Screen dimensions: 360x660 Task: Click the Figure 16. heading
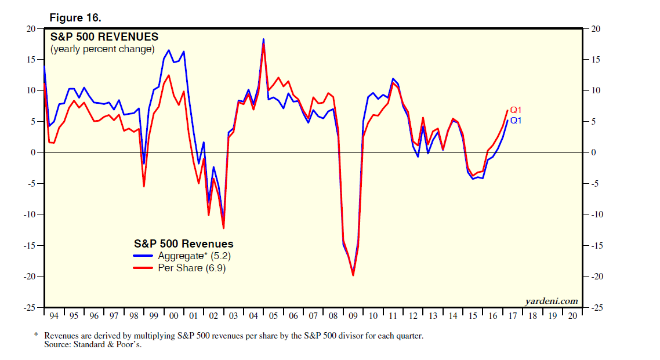75,17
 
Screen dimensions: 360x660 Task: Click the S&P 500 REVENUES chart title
104,37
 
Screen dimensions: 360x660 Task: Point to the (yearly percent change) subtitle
103,49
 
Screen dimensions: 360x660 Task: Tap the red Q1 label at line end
516,110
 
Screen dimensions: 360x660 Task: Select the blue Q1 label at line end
516,120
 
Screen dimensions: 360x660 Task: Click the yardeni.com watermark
551,300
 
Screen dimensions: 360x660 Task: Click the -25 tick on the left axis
29,307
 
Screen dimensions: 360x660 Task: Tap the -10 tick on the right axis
597,214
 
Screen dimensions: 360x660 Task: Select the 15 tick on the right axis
596,60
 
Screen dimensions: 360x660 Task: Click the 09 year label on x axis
353,316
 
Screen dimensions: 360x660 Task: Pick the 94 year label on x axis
54,316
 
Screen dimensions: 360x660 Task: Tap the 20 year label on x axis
572,316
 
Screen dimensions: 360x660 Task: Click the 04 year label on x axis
253,316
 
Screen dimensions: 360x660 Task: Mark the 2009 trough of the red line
353,275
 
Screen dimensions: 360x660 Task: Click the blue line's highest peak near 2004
263,39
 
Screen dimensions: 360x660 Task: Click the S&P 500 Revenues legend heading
184,244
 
